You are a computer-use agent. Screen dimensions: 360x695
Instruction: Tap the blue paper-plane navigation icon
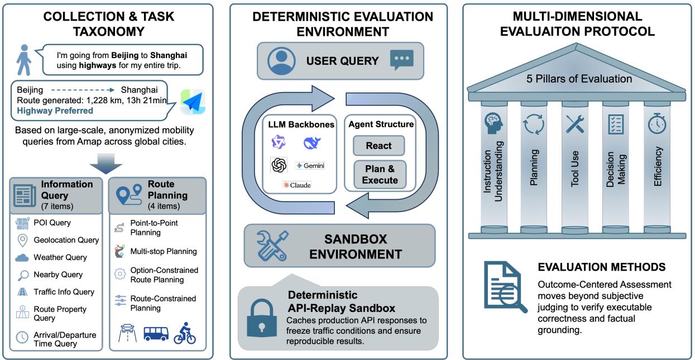(x=192, y=102)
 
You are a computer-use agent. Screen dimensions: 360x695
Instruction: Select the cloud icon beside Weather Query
(x=22, y=257)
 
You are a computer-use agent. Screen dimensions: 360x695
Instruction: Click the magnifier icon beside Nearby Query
(x=22, y=275)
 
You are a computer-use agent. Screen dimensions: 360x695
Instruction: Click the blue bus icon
(x=156, y=333)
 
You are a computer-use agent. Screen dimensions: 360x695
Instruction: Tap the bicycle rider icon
(x=185, y=333)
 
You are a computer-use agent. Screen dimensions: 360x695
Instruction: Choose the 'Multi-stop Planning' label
(x=163, y=251)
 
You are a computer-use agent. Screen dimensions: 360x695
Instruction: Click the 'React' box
(x=378, y=146)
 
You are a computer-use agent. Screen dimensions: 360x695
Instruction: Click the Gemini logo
(x=310, y=166)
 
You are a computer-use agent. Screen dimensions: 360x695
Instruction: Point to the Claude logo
(x=297, y=185)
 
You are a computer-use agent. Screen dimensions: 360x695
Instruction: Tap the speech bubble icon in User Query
(x=402, y=60)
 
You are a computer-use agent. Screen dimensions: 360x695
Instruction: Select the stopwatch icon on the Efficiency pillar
(x=656, y=123)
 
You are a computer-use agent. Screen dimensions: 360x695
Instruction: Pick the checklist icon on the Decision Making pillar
(x=616, y=124)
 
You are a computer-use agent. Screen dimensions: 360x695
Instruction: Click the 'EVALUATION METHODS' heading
(x=601, y=267)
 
